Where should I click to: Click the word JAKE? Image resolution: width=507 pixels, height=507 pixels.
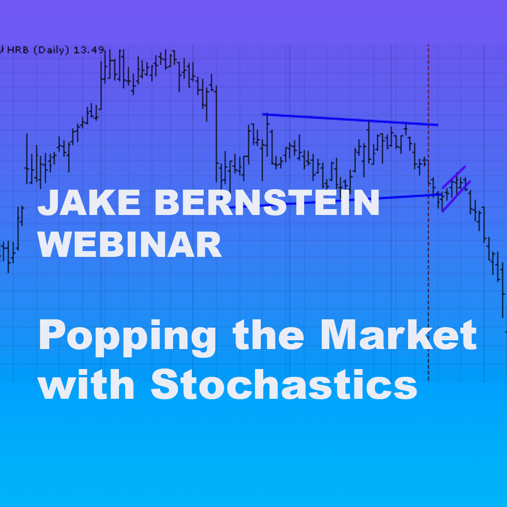[89, 202]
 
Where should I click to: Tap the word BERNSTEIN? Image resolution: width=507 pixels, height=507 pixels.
[267, 202]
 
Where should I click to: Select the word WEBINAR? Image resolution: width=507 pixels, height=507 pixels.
[130, 244]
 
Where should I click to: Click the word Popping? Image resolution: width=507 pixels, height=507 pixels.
[127, 338]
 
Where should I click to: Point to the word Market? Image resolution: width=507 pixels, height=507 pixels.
[398, 334]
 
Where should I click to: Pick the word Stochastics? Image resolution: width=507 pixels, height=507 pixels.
[284, 385]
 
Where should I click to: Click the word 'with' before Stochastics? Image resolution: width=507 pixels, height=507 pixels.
[86, 384]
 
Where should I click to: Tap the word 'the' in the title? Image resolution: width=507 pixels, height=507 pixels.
[268, 334]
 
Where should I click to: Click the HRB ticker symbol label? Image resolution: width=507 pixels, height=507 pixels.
[18, 50]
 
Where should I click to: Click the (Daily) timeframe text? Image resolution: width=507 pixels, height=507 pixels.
[51, 50]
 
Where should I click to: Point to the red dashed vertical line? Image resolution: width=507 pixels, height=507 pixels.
[429, 214]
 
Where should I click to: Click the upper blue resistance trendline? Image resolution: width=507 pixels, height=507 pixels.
[350, 119]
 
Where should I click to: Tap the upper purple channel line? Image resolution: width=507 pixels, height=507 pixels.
[454, 177]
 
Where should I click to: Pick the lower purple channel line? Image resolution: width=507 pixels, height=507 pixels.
[456, 196]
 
